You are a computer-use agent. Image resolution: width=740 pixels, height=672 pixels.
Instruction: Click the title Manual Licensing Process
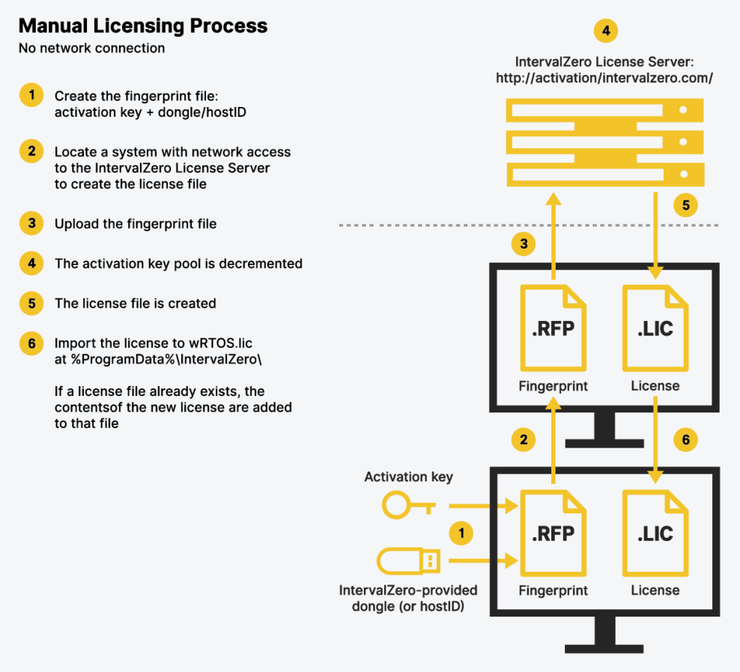pos(142,26)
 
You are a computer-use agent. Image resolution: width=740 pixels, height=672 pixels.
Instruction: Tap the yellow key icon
pos(409,505)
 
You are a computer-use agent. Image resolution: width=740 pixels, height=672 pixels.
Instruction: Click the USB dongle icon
pos(408,559)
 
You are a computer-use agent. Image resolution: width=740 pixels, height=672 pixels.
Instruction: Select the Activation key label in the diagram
pos(408,477)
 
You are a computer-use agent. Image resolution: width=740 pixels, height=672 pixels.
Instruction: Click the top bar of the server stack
pos(605,111)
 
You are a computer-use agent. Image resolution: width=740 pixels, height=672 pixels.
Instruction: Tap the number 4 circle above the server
pos(605,31)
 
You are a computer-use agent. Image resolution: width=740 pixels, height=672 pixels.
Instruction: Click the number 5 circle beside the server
pos(685,204)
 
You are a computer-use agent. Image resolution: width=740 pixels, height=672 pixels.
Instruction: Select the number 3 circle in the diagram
pos(524,244)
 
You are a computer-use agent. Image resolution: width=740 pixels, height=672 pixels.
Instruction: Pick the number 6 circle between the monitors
pos(685,439)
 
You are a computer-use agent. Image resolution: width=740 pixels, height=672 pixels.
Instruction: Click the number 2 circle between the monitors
pos(524,439)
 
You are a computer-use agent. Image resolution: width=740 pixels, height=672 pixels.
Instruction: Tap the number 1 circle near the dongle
pos(461,533)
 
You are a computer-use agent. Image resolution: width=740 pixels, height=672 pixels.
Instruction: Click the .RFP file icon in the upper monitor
pos(554,328)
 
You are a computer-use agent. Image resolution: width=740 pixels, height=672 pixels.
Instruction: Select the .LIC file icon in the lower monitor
pos(655,533)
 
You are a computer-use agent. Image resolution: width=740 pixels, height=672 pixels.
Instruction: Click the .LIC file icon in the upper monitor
pos(655,328)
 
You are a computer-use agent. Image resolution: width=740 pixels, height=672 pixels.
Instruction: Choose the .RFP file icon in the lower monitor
pos(554,533)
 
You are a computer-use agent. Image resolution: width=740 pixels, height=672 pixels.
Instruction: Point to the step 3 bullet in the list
pos(31,223)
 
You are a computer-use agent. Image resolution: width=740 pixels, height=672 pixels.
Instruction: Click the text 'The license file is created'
pos(135,303)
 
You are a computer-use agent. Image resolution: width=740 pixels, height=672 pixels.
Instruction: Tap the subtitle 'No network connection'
pos(91,49)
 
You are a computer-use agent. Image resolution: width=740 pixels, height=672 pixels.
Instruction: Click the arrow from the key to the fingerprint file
pos(480,507)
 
